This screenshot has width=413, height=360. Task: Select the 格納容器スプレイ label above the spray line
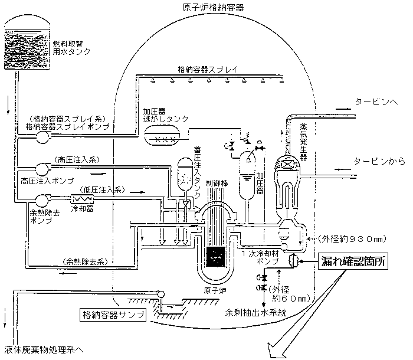pyautogui.click(x=208, y=69)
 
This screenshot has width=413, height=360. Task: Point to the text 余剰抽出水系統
pyautogui.click(x=255, y=313)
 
